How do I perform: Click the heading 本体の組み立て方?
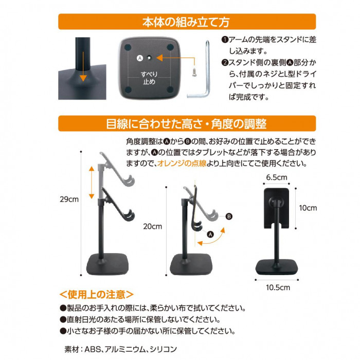(x=186, y=22)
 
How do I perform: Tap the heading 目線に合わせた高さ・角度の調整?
(x=186, y=124)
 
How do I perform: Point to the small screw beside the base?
(x=194, y=71)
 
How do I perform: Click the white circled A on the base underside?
(x=140, y=58)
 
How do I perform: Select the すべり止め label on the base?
(x=149, y=78)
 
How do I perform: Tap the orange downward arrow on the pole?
(x=83, y=66)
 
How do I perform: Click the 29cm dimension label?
(x=69, y=200)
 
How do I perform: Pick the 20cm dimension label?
(x=153, y=226)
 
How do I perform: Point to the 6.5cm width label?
(x=277, y=177)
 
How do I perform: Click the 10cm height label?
(x=308, y=208)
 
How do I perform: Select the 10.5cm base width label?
(x=278, y=287)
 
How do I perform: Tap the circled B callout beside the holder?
(x=229, y=217)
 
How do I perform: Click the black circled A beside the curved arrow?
(x=210, y=235)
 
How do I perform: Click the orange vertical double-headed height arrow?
(x=92, y=183)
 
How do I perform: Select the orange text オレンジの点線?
(x=182, y=164)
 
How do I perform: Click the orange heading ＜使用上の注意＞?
(x=97, y=294)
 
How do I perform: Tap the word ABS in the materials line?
(x=93, y=349)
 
